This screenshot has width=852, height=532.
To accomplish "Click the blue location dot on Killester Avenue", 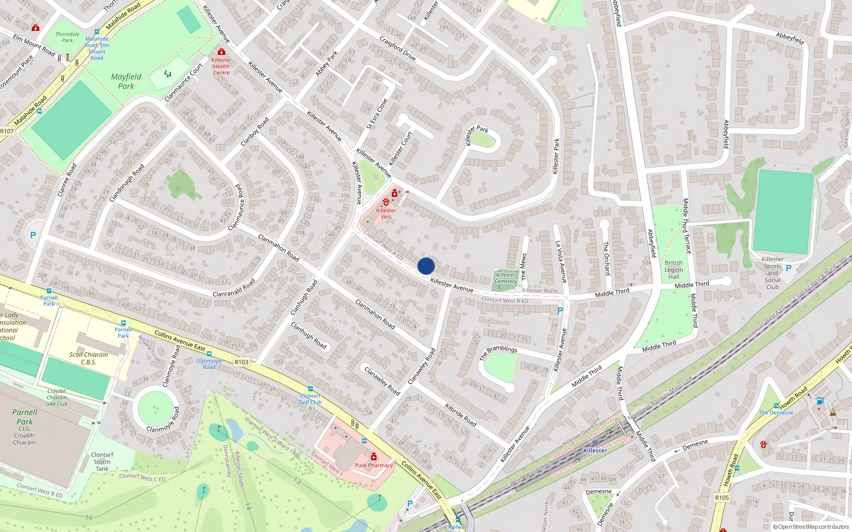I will click(x=426, y=266).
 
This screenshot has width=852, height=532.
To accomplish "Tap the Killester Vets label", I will click(x=386, y=213).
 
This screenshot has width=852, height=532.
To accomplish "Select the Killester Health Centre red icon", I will click(x=222, y=52).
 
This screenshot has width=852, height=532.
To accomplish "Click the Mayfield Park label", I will click(x=126, y=81).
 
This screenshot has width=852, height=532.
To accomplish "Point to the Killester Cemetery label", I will click(x=505, y=278).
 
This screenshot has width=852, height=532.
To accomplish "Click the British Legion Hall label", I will click(x=674, y=270).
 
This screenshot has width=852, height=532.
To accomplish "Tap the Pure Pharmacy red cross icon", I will click(x=374, y=457).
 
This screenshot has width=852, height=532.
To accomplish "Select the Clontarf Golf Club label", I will click(x=310, y=399).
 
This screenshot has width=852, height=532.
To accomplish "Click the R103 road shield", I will click(x=241, y=362).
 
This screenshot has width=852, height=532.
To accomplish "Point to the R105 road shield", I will click(x=722, y=497).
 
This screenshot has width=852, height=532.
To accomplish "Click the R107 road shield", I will click(x=7, y=131).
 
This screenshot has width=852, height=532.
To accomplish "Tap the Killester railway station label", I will click(x=595, y=450).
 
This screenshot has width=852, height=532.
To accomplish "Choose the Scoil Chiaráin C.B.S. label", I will click(x=88, y=358).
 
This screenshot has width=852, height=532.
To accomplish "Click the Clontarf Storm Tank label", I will click(x=102, y=462).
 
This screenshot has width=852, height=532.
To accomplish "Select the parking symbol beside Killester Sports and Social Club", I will click(x=789, y=268).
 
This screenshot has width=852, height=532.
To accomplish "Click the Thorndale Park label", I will click(x=67, y=37).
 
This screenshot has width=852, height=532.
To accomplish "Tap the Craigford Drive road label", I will click(x=397, y=48).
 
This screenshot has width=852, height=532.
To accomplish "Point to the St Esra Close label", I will click(x=377, y=114).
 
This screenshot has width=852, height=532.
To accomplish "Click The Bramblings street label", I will click(x=498, y=352).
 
